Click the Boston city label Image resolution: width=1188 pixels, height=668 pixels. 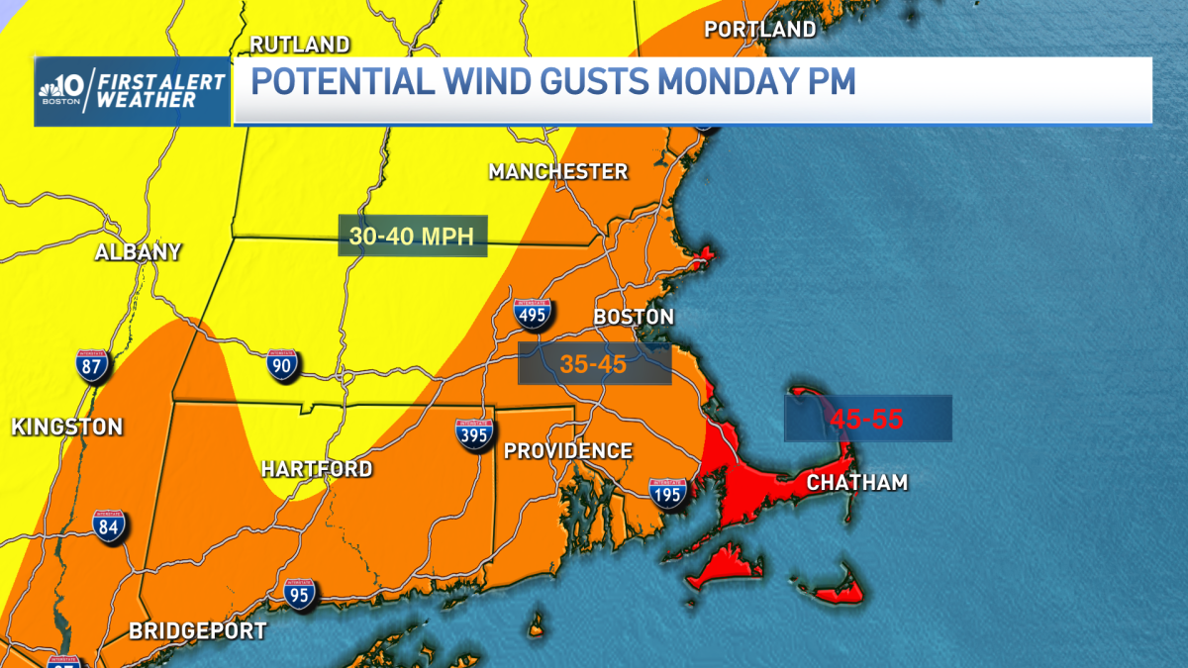click(x=633, y=317)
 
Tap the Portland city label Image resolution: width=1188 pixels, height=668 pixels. click(x=759, y=30)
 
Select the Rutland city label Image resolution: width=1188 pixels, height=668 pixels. click(x=299, y=45)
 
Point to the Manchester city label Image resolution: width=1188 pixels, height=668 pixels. click(x=558, y=172)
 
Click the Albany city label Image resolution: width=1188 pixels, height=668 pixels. click(x=138, y=252)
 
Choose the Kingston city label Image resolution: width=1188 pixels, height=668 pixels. click(x=67, y=428)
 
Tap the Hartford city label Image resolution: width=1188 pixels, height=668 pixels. click(x=317, y=469)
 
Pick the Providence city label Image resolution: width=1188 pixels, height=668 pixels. click(x=567, y=451)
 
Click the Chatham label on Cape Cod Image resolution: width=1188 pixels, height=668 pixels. click(x=857, y=483)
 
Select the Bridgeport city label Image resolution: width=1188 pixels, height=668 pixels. click(x=198, y=630)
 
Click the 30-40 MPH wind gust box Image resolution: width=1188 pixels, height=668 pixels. click(x=414, y=237)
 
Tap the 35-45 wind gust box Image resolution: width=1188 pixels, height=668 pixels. click(x=594, y=364)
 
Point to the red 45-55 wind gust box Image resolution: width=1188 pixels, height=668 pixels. click(x=867, y=419)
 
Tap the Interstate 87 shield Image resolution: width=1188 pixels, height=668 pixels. click(x=94, y=366)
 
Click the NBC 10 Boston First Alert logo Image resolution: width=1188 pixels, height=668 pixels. click(x=132, y=91)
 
